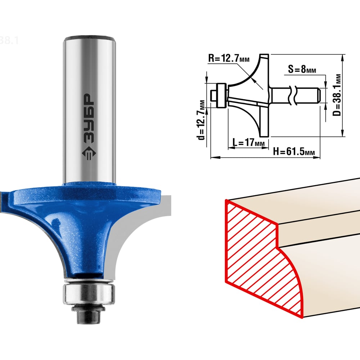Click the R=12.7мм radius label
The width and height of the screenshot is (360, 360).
click(229, 58)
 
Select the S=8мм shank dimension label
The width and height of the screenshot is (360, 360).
click(302, 69)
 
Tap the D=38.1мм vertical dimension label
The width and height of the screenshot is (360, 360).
click(337, 95)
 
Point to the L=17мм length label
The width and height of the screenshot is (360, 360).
click(249, 142)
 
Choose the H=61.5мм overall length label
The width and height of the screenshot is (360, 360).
click(294, 151)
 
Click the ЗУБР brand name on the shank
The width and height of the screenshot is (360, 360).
click(89, 118)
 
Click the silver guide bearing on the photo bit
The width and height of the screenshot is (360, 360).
click(89, 294)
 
